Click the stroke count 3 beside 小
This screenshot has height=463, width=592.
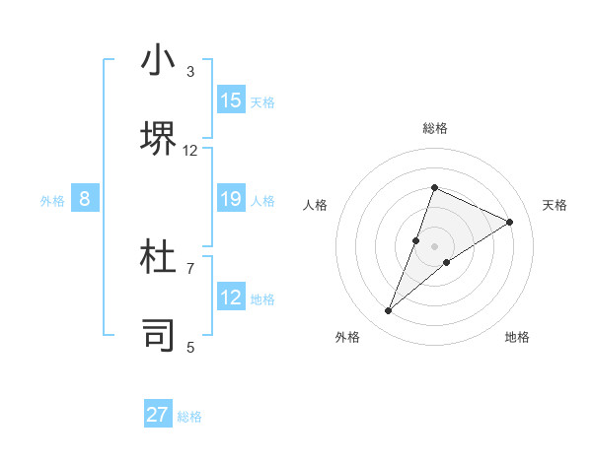(x=190, y=72)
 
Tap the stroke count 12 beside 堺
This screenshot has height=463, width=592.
(x=190, y=150)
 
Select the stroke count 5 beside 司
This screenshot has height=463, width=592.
(x=190, y=346)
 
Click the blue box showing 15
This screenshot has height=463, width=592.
(x=231, y=100)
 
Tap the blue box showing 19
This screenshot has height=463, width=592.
(x=231, y=199)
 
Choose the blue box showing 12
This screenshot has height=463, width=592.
(x=231, y=298)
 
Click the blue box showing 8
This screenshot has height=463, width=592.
(x=85, y=199)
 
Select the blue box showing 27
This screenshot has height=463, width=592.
(x=158, y=415)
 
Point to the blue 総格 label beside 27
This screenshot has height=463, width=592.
(x=189, y=417)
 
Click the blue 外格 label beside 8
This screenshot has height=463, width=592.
(x=52, y=201)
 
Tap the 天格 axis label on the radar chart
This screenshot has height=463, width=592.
(x=555, y=205)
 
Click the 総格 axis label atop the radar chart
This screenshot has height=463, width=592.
(x=434, y=128)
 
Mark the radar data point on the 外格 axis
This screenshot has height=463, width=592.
(x=389, y=311)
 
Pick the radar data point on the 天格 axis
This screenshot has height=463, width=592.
(x=510, y=222)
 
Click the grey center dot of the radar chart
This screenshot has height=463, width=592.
(x=434, y=245)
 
